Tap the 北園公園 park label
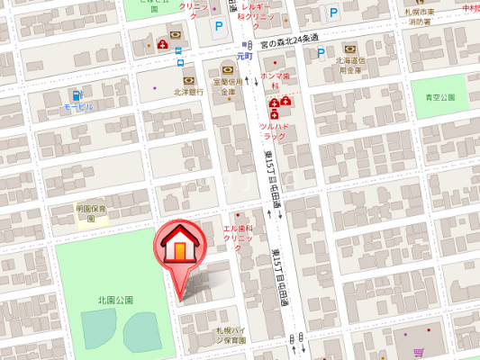click(115, 300)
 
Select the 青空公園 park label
click(440, 96)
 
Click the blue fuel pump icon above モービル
click(78, 94)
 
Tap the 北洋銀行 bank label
click(189, 92)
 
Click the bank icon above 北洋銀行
click(189, 79)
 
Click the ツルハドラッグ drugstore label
click(274, 130)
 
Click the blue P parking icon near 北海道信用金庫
click(320, 52)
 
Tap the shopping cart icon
click(419, 353)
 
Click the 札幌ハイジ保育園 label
click(230, 336)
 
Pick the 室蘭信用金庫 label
click(228, 85)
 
